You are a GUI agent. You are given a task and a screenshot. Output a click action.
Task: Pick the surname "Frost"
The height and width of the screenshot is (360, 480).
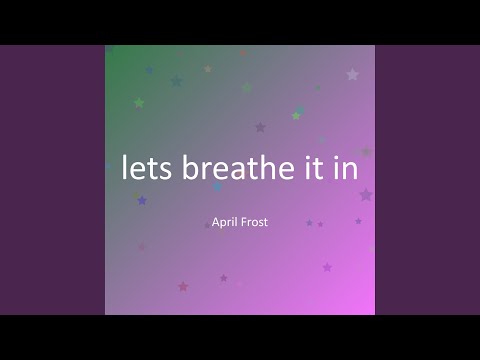coord(260,222)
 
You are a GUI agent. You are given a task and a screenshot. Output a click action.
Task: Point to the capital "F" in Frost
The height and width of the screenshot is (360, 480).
coord(248,222)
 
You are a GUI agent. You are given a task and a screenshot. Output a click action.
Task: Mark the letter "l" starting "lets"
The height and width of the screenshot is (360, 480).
coord(124,167)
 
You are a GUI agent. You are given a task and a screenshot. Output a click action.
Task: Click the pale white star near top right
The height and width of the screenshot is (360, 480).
coord(352,74)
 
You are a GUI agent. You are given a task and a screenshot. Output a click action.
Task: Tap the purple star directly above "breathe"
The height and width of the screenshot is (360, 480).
coord(260,127)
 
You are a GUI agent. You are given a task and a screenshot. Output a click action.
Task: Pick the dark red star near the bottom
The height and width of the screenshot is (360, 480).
coord(183,286)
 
